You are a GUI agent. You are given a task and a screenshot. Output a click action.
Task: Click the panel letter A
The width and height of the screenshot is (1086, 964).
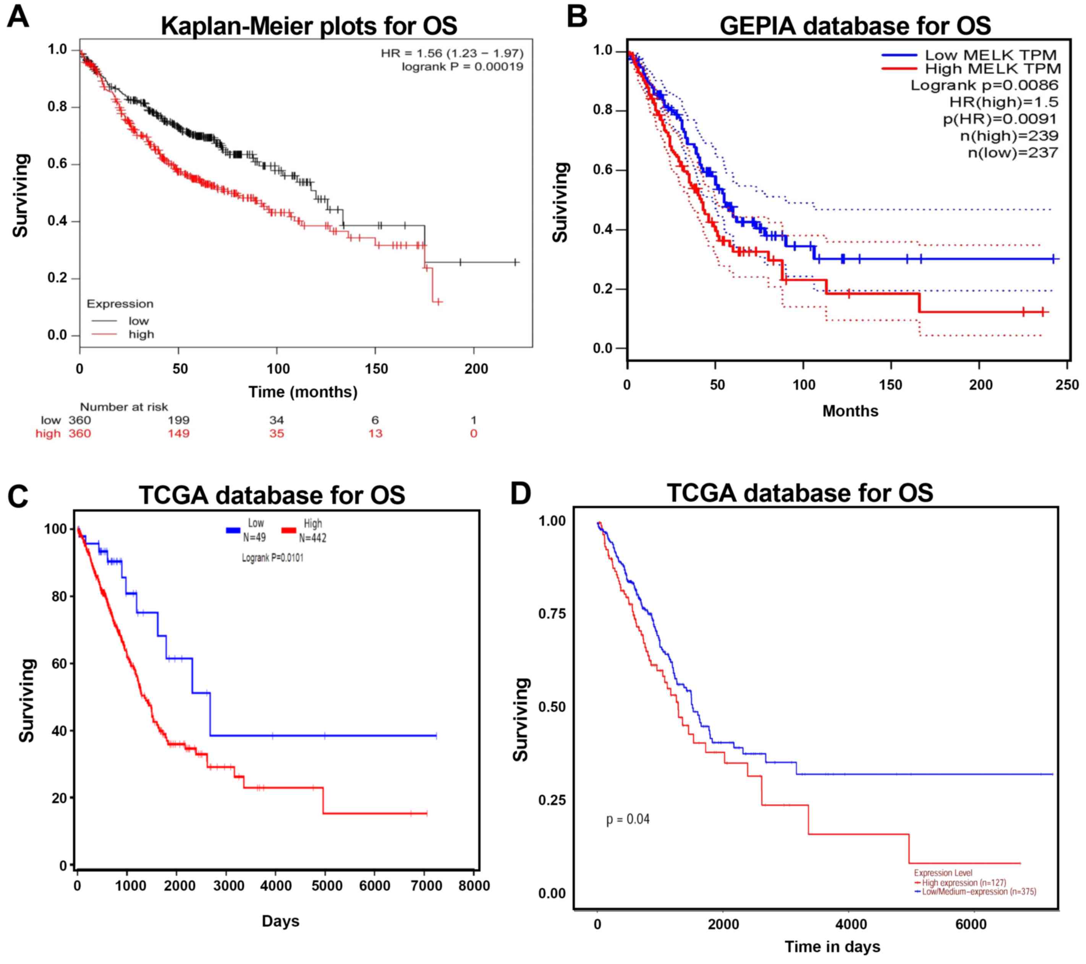(18, 18)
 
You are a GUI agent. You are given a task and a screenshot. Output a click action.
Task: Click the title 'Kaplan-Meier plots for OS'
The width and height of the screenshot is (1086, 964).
(309, 26)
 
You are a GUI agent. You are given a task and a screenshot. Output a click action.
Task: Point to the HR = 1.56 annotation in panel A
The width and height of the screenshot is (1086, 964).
(452, 53)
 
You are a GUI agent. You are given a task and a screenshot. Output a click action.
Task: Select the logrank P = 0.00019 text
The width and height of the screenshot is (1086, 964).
(462, 66)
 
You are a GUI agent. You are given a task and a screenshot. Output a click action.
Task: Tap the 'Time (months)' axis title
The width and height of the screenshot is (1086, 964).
(303, 392)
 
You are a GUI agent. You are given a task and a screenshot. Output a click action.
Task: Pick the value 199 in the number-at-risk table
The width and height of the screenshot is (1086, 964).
(178, 420)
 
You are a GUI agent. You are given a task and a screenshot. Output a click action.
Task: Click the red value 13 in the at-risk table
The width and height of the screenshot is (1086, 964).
(375, 434)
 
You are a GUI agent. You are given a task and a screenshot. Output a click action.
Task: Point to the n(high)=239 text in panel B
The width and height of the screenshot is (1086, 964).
(1009, 136)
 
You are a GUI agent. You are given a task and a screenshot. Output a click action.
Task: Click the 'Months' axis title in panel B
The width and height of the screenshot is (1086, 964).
(850, 411)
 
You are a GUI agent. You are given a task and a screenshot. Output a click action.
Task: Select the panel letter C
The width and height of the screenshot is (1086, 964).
(18, 496)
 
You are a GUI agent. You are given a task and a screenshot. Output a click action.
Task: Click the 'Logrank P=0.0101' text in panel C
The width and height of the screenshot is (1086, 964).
(273, 558)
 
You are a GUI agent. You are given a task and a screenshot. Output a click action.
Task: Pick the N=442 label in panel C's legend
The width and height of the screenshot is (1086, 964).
(312, 538)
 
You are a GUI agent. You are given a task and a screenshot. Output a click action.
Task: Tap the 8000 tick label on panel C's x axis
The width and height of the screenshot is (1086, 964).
(474, 886)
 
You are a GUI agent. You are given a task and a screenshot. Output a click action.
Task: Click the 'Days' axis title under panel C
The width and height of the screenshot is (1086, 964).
(280, 921)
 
